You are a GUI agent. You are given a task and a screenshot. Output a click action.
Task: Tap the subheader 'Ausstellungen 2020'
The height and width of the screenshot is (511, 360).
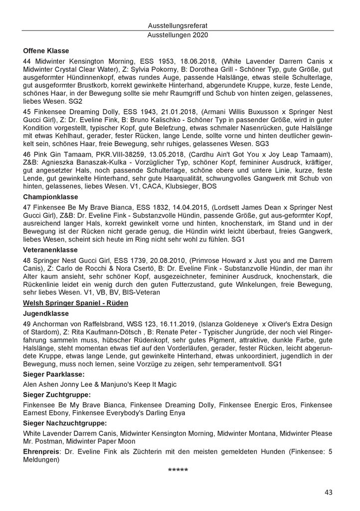[x=178, y=35]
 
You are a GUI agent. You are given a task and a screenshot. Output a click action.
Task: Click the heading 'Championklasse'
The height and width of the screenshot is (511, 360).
[x=51, y=197]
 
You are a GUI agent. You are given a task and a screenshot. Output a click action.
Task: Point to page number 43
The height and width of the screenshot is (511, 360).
[x=328, y=493]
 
